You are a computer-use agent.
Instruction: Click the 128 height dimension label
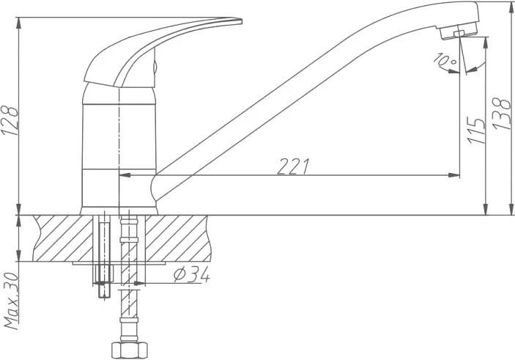pos(10,120)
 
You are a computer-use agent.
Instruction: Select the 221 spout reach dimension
pos(293,166)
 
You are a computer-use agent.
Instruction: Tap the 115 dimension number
pos(476,131)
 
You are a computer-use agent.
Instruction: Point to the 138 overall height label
pos(503,114)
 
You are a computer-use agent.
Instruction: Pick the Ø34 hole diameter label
pos(192,274)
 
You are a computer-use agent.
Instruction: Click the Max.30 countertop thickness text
pos(11,301)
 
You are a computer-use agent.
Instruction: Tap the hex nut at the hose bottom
pos(130,350)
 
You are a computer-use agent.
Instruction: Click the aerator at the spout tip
pos(459,31)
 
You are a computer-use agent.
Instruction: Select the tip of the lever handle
pos(241,21)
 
